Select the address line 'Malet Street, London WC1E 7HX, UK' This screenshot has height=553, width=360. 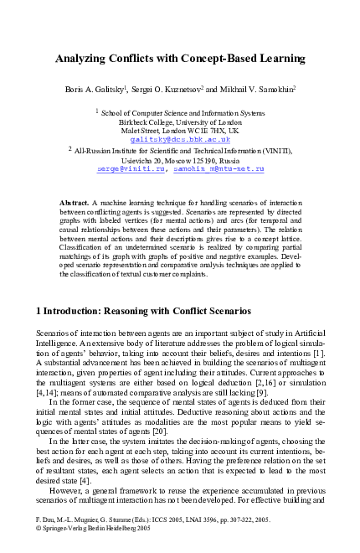[x=180, y=131]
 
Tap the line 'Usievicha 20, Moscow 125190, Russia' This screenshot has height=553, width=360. [x=180, y=159]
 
